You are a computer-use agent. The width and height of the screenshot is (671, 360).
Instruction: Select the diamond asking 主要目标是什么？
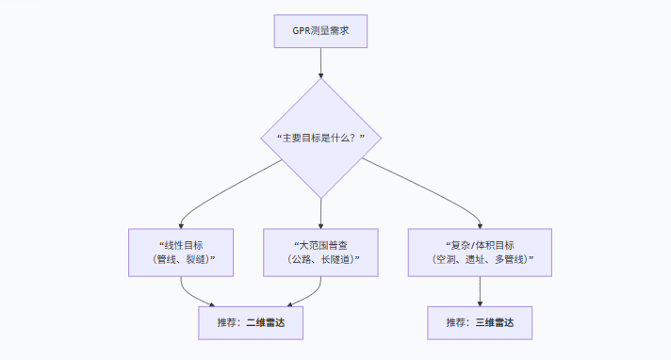tap(320, 138)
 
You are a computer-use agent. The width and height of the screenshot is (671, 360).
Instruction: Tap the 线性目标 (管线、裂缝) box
tap(182, 252)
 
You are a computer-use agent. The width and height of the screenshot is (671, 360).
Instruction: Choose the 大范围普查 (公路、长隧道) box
tap(320, 252)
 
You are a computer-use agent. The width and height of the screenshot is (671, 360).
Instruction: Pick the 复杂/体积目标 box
tap(480, 252)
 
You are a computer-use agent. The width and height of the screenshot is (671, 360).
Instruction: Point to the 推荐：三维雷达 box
tap(480, 322)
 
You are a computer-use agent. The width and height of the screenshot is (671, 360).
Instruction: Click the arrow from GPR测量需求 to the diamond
tap(320, 62)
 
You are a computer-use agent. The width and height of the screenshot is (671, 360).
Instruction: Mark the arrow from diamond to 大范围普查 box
tap(320, 212)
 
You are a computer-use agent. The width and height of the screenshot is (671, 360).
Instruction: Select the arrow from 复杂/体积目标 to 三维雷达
tap(480, 290)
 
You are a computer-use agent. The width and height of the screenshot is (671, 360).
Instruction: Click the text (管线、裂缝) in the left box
tap(182, 259)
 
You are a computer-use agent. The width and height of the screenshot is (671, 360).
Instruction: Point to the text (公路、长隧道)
tap(320, 259)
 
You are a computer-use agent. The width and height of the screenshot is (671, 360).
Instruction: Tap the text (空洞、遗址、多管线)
tap(480, 259)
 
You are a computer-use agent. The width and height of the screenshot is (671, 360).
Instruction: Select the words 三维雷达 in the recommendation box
tap(494, 322)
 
